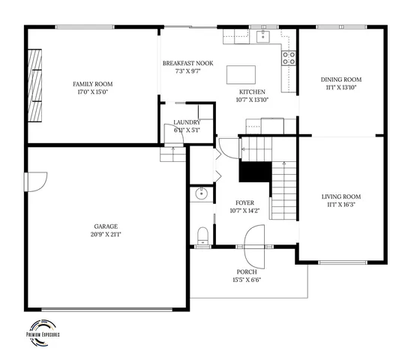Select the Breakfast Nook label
188,63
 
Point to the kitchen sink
264,36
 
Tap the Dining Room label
341,79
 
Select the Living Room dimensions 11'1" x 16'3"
341,205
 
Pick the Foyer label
245,202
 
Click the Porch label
247,271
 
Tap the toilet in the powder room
201,238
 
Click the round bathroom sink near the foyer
200,194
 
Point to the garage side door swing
36,181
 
